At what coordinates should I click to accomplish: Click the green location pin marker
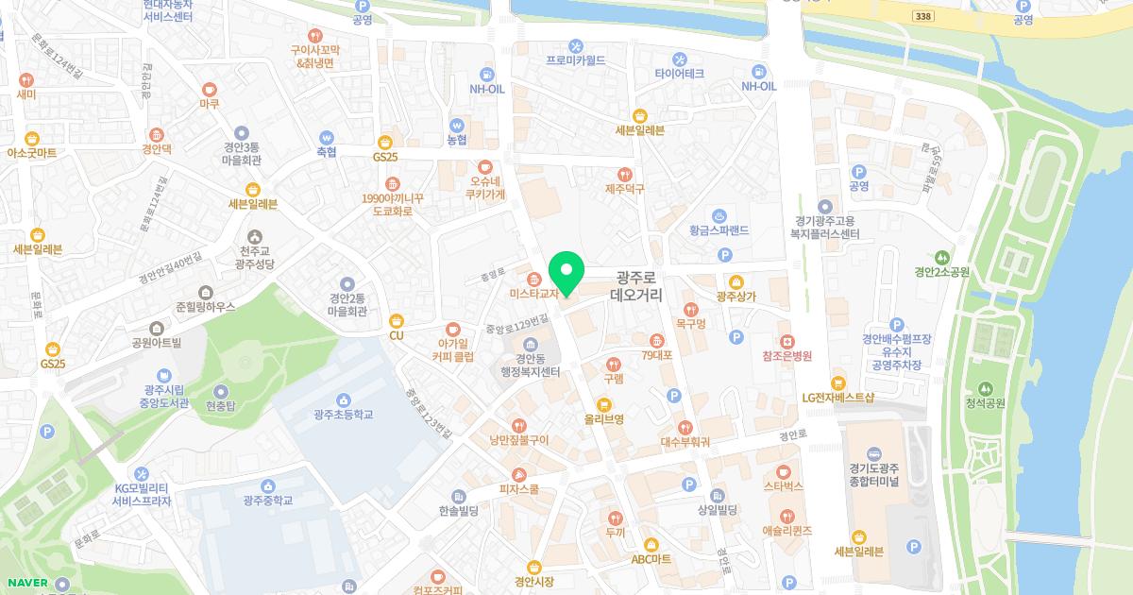(566, 273)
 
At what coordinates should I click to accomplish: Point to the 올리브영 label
(604, 419)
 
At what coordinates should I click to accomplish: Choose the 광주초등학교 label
(344, 415)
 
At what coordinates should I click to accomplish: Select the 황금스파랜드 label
(719, 229)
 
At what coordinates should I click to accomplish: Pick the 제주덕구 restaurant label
(624, 189)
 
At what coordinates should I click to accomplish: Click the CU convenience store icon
(397, 320)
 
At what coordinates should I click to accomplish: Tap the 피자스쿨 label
(519, 490)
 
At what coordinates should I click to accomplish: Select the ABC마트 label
(651, 558)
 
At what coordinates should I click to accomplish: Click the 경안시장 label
(534, 581)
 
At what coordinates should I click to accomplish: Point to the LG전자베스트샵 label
(837, 398)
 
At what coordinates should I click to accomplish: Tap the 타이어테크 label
(679, 73)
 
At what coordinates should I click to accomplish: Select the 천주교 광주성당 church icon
(253, 236)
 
